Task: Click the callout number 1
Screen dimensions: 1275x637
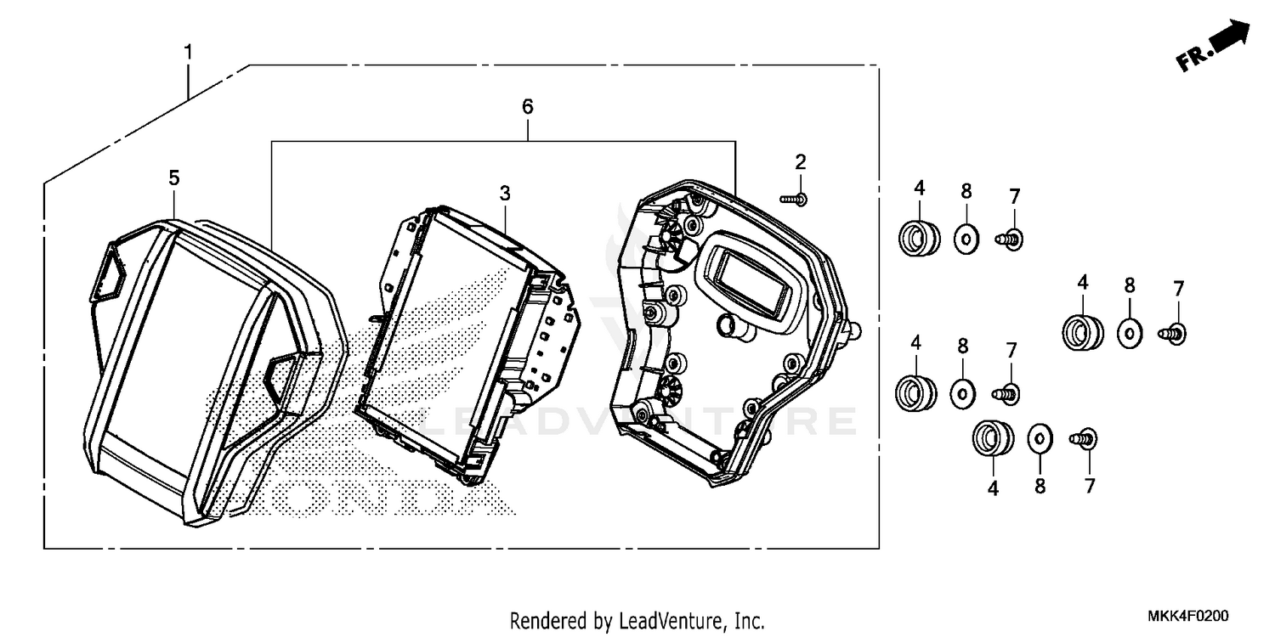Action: tap(189, 53)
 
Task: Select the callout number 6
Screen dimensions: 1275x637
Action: tap(528, 106)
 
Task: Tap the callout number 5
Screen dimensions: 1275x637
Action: tap(174, 178)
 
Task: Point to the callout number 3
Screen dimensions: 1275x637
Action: tap(505, 194)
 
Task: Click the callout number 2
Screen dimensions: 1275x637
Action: tap(801, 162)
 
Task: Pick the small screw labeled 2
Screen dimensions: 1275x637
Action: tap(794, 199)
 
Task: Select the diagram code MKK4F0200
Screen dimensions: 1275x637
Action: tap(1187, 616)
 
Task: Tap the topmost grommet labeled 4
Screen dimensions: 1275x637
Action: tap(919, 238)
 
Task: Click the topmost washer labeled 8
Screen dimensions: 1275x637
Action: tap(966, 240)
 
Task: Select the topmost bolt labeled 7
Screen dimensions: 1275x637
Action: tap(1009, 240)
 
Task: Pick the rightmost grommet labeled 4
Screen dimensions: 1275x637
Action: tap(1083, 332)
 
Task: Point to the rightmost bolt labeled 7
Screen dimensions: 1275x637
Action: tap(1172, 333)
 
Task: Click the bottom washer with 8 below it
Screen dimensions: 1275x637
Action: tap(1040, 438)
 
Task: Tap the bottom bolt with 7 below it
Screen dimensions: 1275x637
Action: tap(1084, 438)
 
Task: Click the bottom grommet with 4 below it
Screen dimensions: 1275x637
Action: tap(994, 438)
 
